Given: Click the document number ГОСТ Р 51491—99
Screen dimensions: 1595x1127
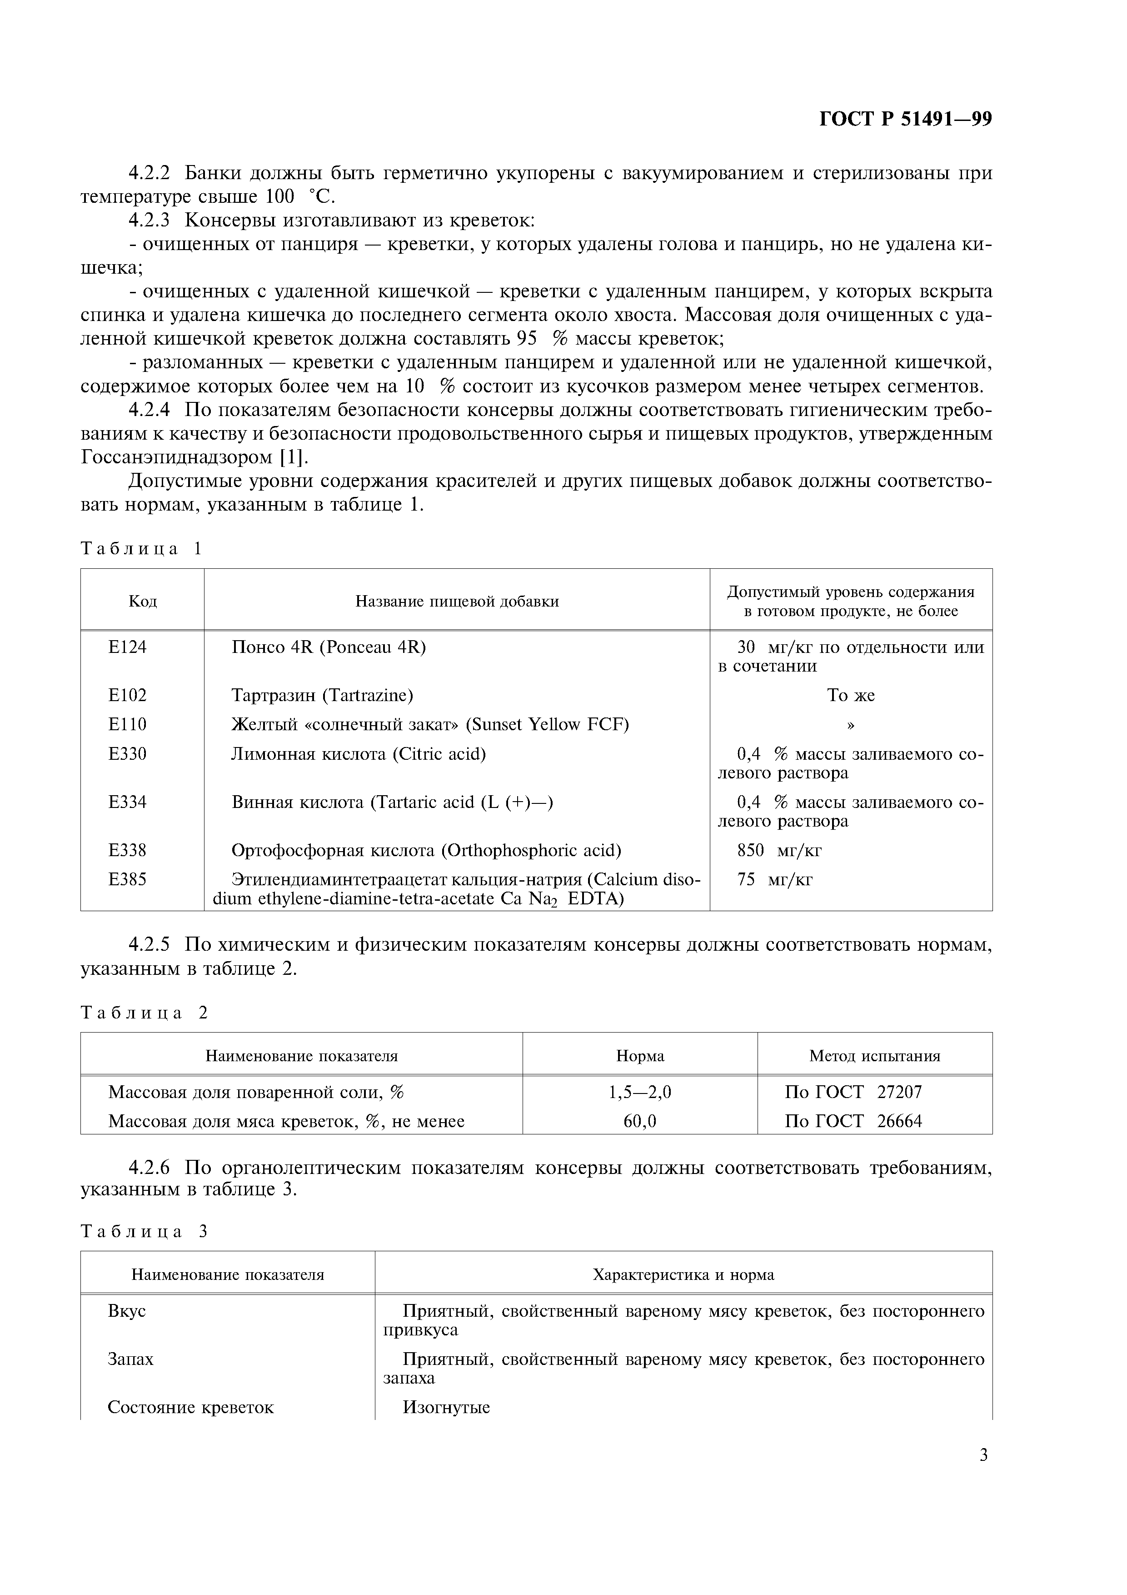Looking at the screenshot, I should tap(906, 120).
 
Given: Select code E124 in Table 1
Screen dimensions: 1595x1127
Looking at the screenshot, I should tap(128, 647).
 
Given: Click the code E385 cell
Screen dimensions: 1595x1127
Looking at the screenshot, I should tap(128, 879).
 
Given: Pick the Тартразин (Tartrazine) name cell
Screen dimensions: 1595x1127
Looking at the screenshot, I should tap(322, 695).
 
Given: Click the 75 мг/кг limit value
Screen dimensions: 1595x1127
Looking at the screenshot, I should tap(774, 879).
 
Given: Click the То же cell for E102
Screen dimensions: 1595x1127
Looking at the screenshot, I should tap(851, 695).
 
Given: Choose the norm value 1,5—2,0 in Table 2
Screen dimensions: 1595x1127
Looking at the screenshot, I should tap(639, 1092).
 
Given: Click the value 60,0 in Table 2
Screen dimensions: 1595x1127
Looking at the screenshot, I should tap(639, 1121).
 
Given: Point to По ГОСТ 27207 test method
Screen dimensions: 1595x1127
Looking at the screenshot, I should tap(853, 1092).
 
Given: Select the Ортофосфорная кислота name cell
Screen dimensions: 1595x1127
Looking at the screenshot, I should tap(426, 850).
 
